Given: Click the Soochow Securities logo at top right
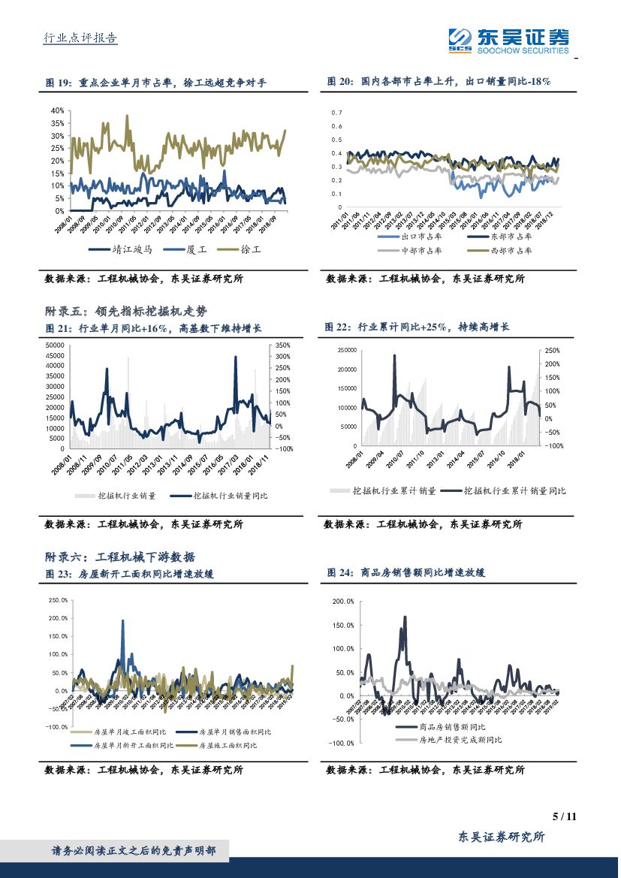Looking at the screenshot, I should (x=508, y=40).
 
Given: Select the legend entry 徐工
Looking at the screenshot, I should (x=229, y=249).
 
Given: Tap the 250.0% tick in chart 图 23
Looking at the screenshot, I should (x=58, y=600).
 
